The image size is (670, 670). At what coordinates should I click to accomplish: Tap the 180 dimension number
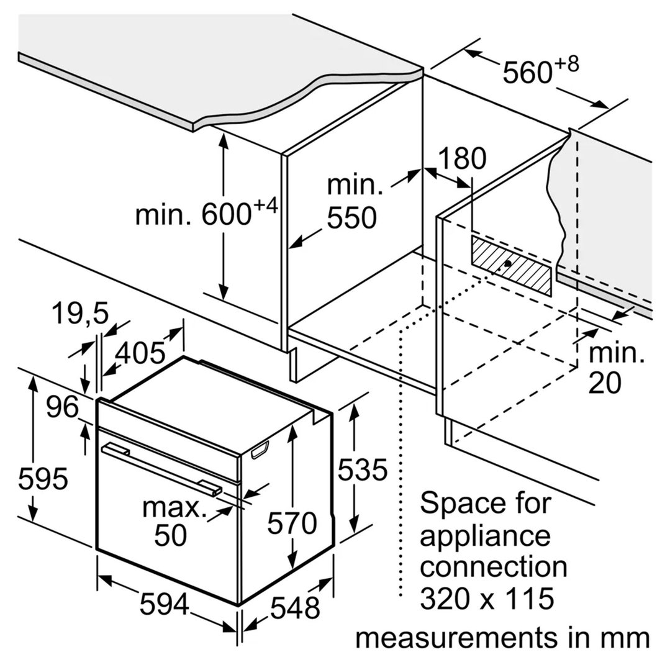[x=463, y=158]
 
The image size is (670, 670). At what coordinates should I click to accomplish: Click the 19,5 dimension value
[x=80, y=314]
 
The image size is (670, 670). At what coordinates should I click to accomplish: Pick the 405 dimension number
[x=140, y=353]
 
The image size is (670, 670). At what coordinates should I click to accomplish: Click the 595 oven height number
[x=43, y=478]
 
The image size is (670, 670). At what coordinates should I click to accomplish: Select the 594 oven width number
[x=165, y=604]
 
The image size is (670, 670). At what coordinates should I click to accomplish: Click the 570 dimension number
[x=292, y=523]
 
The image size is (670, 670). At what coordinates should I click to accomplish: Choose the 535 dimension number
[x=363, y=469]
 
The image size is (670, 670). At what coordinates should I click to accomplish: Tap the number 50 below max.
[x=171, y=535]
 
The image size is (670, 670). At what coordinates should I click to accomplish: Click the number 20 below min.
[x=605, y=383]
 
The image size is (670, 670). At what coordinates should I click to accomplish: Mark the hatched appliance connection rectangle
[x=512, y=266]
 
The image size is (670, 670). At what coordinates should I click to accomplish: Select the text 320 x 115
[x=487, y=598]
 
